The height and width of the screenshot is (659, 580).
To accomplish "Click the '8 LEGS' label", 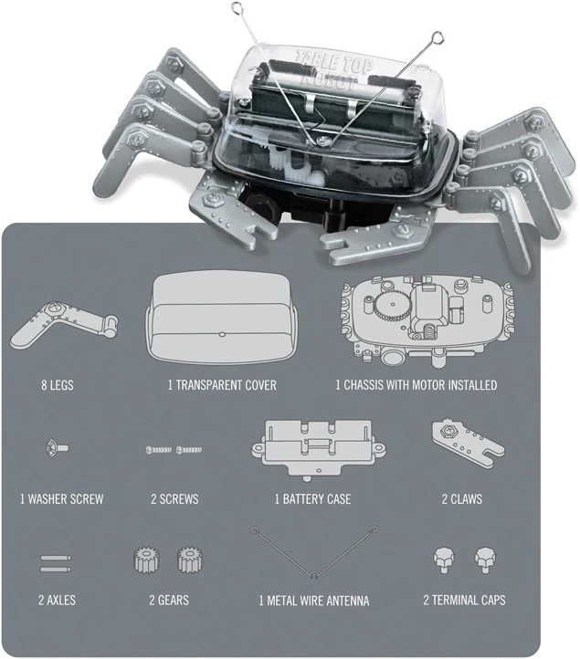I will [x=58, y=385].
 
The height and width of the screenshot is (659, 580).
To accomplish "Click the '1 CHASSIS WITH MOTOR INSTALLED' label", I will [x=417, y=385].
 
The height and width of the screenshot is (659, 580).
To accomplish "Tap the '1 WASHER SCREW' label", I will [x=61, y=499].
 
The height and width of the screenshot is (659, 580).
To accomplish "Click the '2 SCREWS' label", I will [x=174, y=499].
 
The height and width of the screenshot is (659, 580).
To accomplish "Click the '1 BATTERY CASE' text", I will [x=312, y=499].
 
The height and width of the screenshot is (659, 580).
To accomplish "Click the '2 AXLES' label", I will [x=57, y=601].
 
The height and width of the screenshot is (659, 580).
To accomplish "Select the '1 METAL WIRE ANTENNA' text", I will [x=314, y=601].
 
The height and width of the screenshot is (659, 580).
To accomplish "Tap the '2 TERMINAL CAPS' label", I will [x=464, y=601].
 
